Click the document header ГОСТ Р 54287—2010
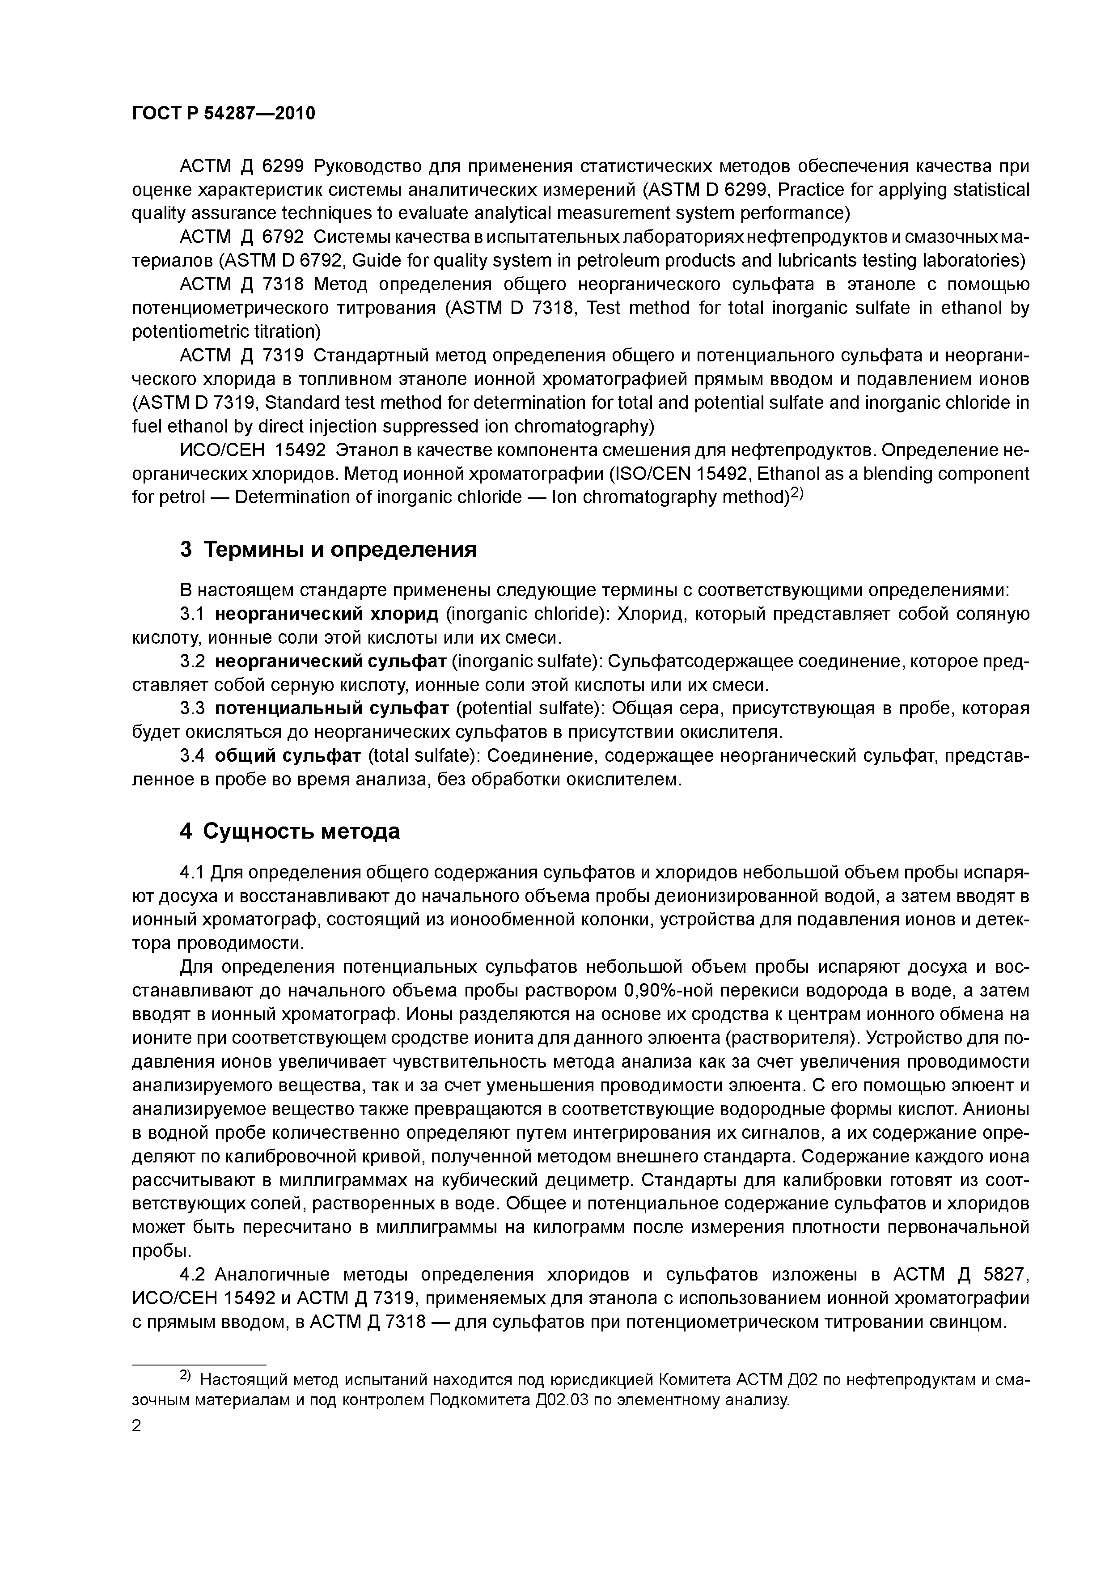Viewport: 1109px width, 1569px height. (224, 114)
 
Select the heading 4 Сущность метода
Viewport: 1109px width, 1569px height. (290, 831)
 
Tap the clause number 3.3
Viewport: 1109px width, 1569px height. (192, 708)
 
